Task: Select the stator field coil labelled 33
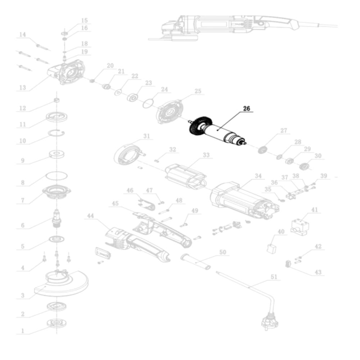click(185, 176)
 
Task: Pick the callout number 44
click(90, 216)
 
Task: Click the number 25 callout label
click(198, 91)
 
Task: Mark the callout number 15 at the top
click(84, 20)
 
